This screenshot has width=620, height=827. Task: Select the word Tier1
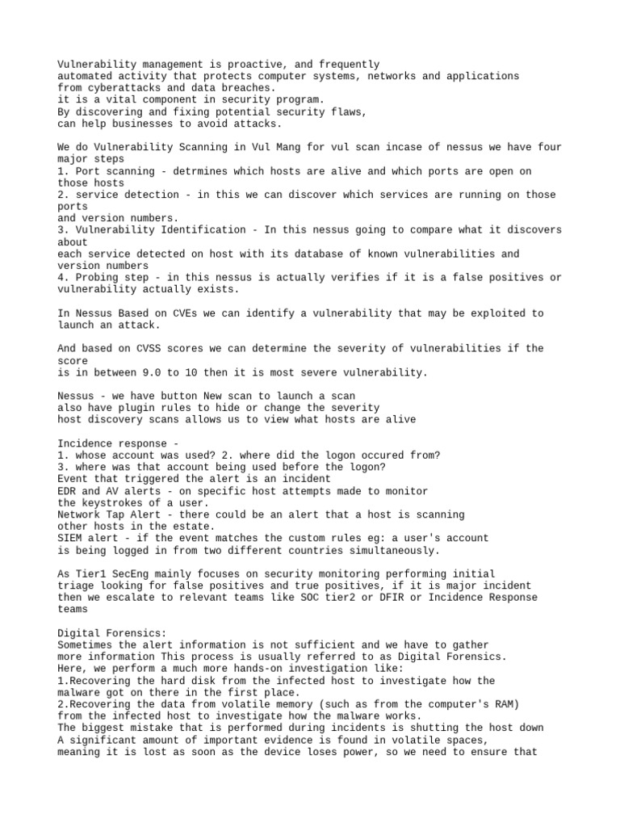(x=90, y=573)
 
